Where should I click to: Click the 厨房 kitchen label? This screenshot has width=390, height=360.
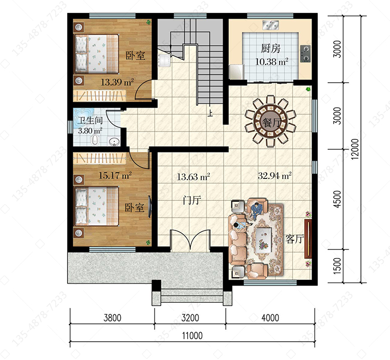tap(270, 48)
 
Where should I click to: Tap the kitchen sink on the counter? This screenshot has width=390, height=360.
tap(270, 25)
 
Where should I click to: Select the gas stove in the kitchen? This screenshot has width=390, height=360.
tap(305, 54)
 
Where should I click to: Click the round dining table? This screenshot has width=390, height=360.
tap(270, 121)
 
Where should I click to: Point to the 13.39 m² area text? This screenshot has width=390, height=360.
tap(117, 82)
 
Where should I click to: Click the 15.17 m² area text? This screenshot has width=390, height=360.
tap(115, 175)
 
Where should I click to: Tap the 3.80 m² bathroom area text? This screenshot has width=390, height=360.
tap(90, 131)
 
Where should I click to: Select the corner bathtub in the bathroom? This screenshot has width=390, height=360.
tap(83, 117)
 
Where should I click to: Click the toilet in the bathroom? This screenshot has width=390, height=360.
tap(95, 140)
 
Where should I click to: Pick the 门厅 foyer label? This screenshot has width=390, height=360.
tap(192, 200)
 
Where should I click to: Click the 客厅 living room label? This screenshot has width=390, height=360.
tap(294, 239)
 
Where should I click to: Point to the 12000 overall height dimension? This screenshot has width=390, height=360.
tap(356, 149)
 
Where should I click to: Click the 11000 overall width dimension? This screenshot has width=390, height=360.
tap(192, 336)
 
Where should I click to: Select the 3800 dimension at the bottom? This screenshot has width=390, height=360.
tap(112, 318)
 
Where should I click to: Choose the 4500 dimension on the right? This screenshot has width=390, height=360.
tap(337, 199)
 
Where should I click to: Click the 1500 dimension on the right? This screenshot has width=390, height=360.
tap(337, 266)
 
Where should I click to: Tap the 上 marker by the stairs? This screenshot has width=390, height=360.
tap(211, 113)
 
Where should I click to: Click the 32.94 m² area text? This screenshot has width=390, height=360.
tap(275, 176)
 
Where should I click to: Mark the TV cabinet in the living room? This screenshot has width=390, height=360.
tap(308, 239)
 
